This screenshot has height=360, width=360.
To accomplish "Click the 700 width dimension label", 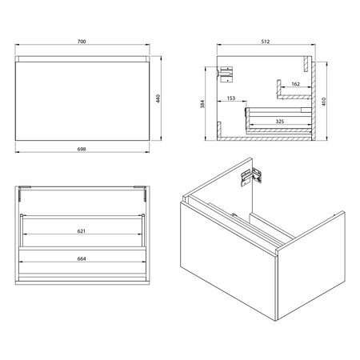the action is click(x=82, y=42).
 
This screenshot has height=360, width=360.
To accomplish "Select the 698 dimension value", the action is click(x=82, y=150).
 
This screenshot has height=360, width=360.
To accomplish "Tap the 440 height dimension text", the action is click(x=158, y=98).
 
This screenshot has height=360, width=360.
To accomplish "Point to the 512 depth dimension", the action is click(x=266, y=42).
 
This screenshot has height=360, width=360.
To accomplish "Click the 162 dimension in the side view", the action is click(x=295, y=84).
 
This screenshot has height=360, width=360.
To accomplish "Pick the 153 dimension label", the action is click(x=231, y=98).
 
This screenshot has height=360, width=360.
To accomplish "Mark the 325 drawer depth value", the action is click(x=279, y=122).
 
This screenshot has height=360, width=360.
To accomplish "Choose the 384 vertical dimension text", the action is click(x=202, y=104).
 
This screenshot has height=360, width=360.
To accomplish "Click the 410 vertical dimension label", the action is click(x=324, y=102).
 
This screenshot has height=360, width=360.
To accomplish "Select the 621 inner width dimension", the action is click(x=82, y=231).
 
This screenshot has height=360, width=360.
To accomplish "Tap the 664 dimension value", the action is click(x=82, y=259).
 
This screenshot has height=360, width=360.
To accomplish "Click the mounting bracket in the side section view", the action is click(x=226, y=74).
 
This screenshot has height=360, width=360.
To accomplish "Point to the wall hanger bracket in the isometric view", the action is click(x=252, y=177).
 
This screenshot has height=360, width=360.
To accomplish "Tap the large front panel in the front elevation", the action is click(x=82, y=101).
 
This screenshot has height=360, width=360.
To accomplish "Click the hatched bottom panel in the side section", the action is click(x=264, y=138).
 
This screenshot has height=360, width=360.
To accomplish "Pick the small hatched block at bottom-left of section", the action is click(x=219, y=130).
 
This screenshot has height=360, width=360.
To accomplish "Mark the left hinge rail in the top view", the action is click(x=20, y=194).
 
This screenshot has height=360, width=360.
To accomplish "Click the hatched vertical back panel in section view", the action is click(x=314, y=101).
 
